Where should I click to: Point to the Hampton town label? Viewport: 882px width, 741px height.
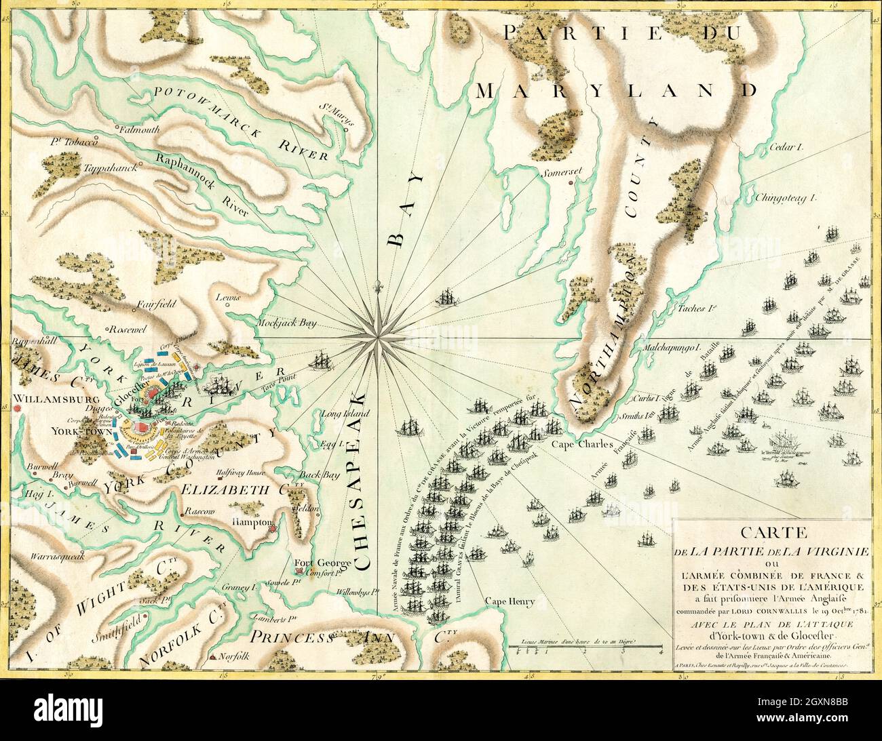[x=252, y=523]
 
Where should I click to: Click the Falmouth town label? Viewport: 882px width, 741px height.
[x=139, y=129]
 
